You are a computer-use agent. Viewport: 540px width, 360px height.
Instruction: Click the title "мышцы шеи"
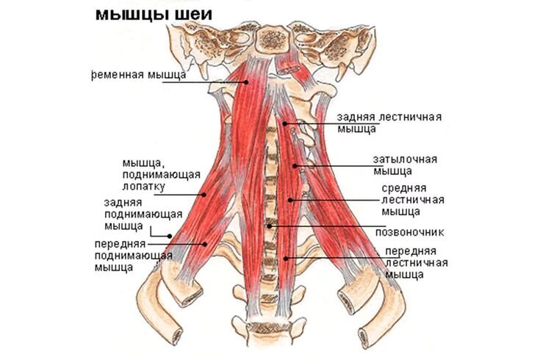coord(154,15)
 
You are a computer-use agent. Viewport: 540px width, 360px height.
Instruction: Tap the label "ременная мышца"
coord(139,75)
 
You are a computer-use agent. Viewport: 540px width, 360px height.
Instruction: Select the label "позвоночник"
coord(409,232)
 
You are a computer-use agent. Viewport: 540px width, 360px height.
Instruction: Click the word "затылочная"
coord(405,159)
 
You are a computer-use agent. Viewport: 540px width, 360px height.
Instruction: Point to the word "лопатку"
coord(143,187)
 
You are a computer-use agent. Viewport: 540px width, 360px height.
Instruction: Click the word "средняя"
coord(404,188)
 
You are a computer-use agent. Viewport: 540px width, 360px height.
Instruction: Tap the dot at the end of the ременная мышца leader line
coord(247,82)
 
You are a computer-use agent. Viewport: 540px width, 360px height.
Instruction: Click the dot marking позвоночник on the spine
coord(270,226)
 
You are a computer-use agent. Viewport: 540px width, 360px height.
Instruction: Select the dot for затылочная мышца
coord(295,166)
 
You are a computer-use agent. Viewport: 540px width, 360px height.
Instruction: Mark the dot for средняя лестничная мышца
coord(290,200)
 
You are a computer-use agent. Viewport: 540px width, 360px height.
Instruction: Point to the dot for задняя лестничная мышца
coord(285,123)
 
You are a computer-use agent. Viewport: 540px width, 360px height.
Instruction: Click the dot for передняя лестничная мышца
coord(286,258)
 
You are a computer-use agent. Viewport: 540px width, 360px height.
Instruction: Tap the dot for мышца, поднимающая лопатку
coord(204,195)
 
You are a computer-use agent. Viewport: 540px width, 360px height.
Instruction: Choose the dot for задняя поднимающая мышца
coord(170,236)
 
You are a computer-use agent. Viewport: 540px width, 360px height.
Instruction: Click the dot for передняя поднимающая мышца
coord(205,244)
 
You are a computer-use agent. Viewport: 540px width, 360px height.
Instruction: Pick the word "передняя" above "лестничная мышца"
coord(411,251)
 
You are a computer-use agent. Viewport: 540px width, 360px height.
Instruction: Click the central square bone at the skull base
coord(273,40)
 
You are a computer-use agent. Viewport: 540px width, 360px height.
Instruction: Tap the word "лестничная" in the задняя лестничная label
coord(410,117)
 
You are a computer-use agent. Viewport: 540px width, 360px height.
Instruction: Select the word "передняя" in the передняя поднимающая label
coord(120,244)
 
